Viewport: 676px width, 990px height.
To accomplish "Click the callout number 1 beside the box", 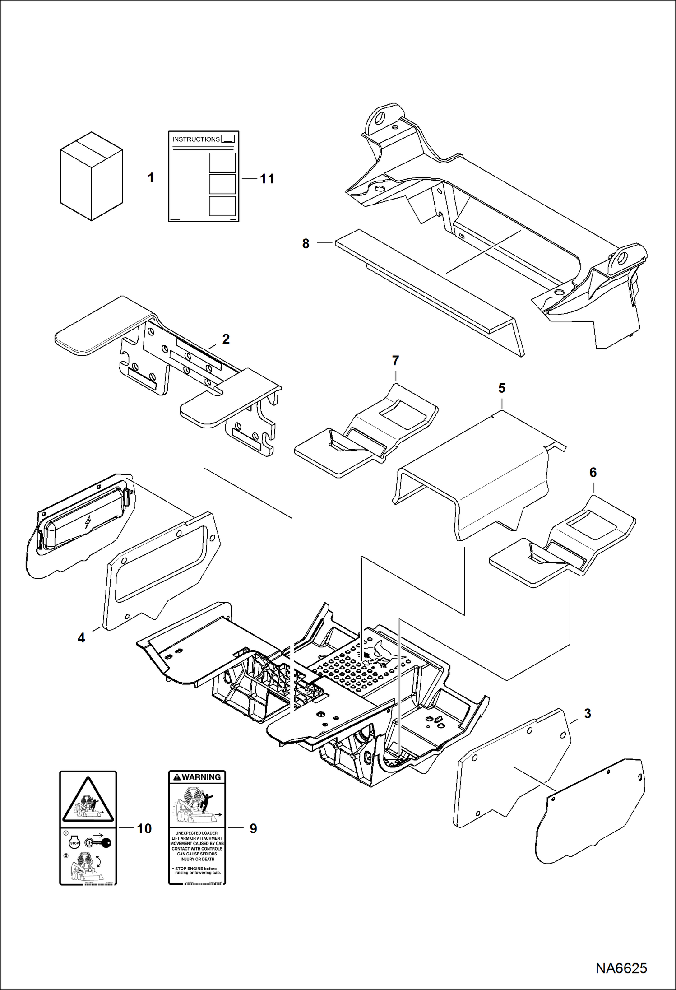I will coord(151,178).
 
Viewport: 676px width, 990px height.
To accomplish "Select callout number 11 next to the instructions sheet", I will coord(267,179).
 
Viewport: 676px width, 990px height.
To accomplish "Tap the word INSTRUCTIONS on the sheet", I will coord(196,139).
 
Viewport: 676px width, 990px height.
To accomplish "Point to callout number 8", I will coord(306,244).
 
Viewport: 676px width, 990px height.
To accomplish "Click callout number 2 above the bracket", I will coord(226,339).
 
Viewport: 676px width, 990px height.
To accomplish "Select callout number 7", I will coord(395,361).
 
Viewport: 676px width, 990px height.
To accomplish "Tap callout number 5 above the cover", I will coord(502,388).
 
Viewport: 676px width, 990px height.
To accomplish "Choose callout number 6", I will coord(593,472).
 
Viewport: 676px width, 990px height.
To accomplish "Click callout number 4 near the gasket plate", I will coord(81,638).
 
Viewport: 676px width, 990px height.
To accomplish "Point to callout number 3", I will coord(588,714).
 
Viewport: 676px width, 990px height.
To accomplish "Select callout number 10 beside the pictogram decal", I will coord(144,829).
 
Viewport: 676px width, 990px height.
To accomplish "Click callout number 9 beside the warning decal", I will coord(253,829).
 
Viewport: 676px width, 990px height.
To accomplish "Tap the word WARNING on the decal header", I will coord(201,777).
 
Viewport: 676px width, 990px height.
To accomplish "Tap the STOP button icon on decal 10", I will coord(74,843).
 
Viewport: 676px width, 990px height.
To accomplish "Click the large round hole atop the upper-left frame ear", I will coord(380,117).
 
